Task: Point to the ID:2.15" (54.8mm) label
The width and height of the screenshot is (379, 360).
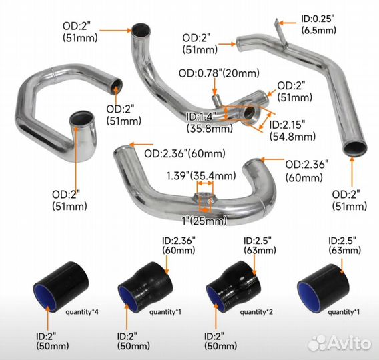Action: click(292, 130)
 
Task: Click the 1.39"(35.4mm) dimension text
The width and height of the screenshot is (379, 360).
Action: click(201, 176)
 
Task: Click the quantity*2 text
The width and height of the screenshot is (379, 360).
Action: click(256, 311)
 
